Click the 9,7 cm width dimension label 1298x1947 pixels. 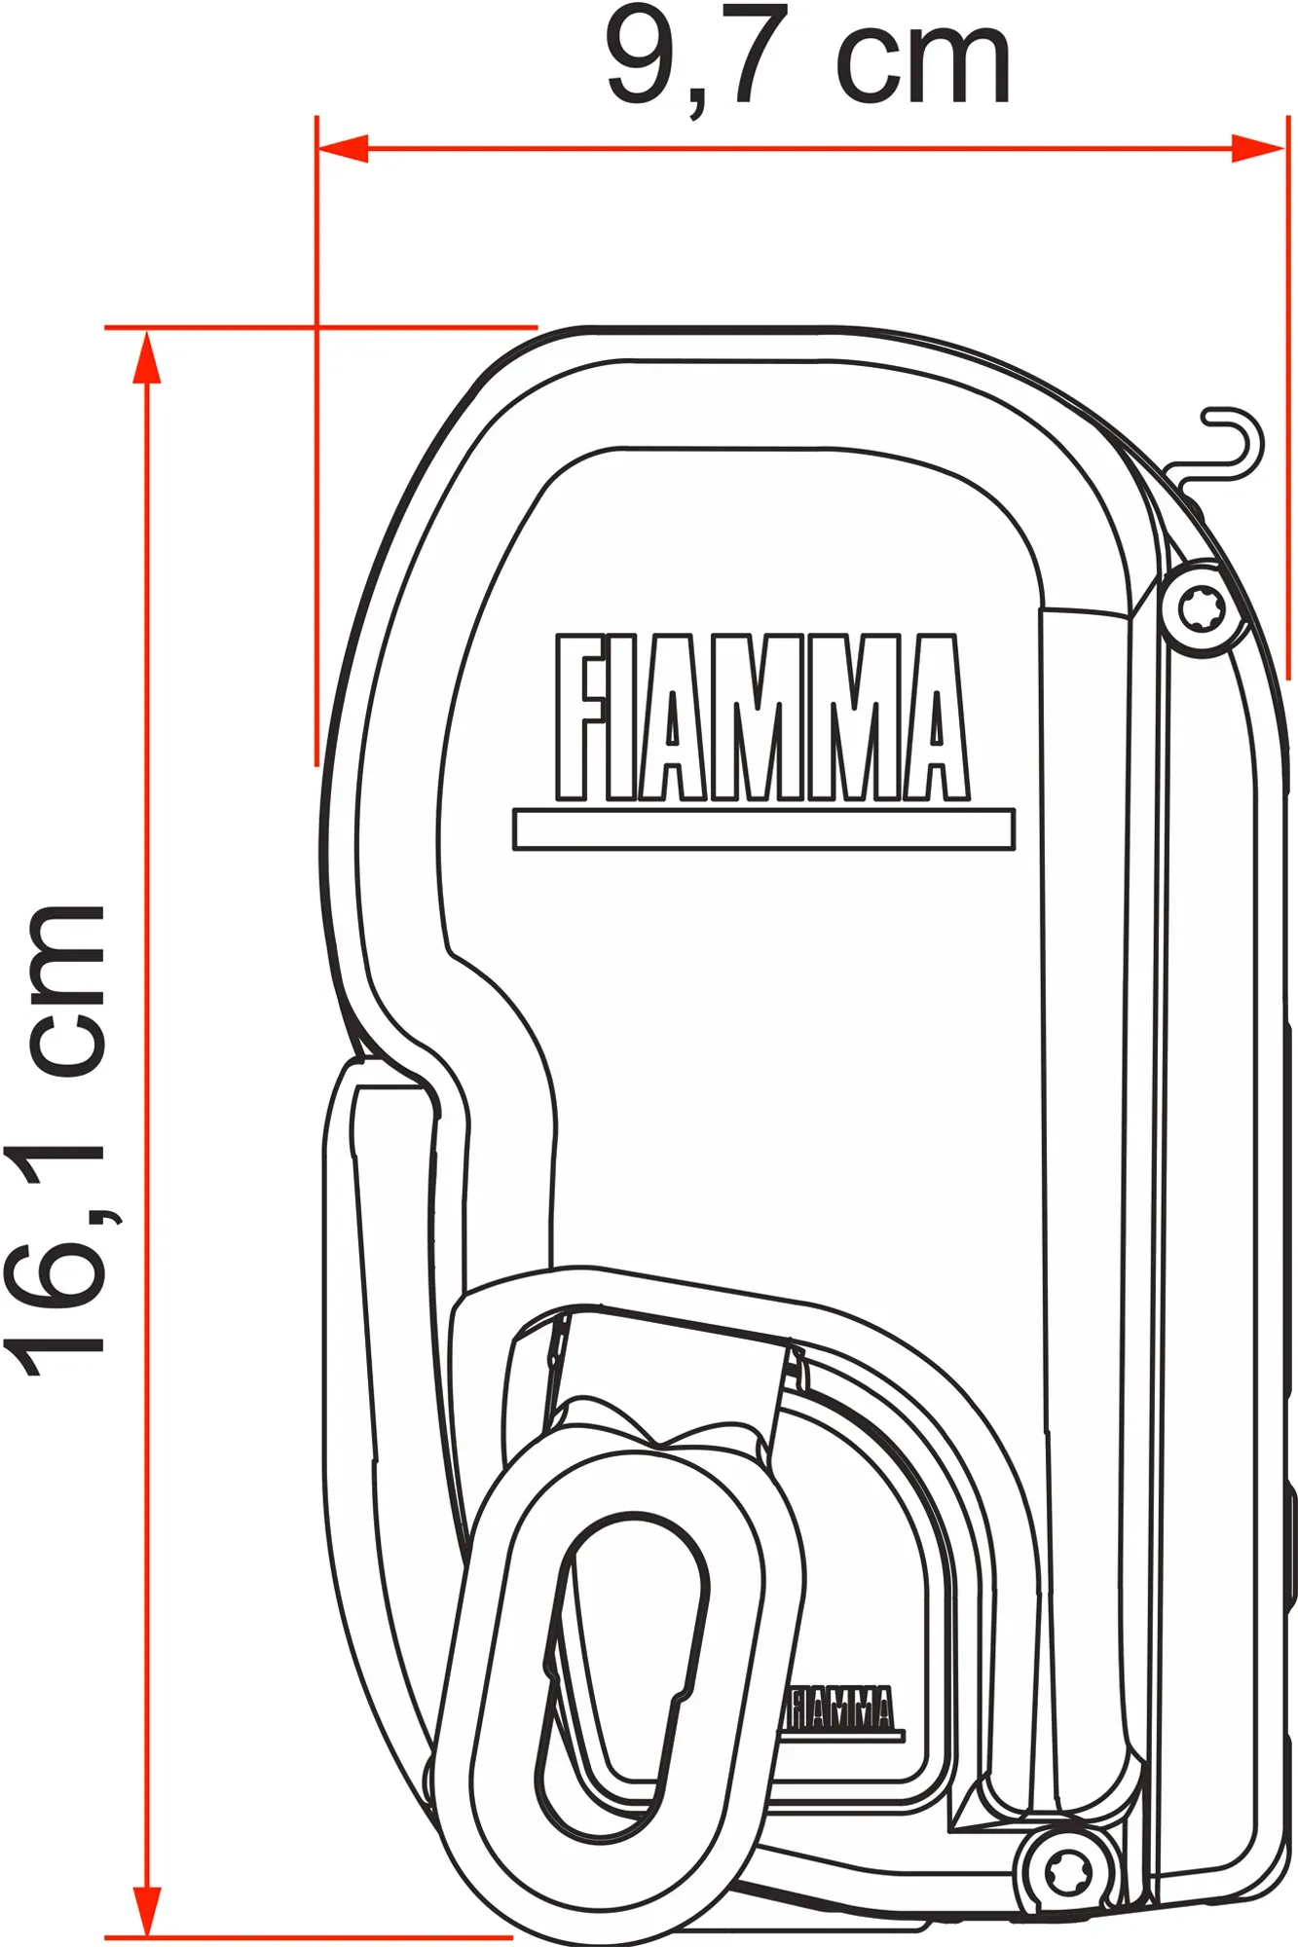(x=808, y=60)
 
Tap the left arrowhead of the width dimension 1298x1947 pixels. (x=343, y=148)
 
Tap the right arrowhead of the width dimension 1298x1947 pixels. (x=1258, y=148)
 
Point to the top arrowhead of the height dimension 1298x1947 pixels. (x=146, y=356)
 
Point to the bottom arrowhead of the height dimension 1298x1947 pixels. (x=146, y=1911)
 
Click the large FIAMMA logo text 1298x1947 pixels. (x=762, y=717)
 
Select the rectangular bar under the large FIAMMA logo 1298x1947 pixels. (x=763, y=829)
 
